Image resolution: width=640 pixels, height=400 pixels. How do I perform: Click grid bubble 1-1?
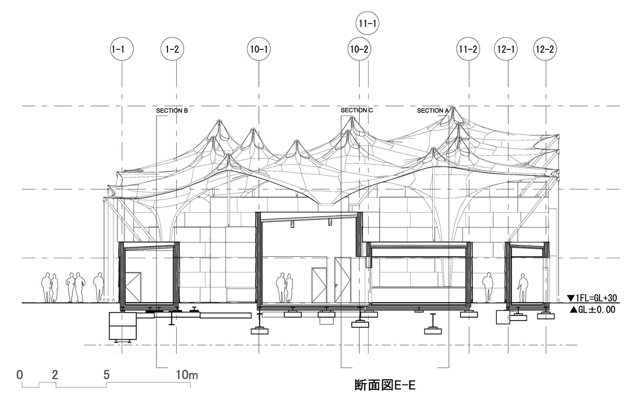coord(122,49)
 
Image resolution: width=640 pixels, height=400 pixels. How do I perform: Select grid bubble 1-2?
coord(172,49)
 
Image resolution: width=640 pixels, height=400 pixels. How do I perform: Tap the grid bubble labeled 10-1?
coord(259,49)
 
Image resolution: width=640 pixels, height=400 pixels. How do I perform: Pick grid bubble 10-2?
coord(359,49)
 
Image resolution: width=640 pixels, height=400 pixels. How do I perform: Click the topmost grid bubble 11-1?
coord(367,23)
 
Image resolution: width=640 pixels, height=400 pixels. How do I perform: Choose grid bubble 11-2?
coord(468,49)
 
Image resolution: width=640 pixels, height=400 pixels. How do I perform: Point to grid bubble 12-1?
coord(506,49)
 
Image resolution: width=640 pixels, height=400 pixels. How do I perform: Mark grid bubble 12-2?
coord(545,49)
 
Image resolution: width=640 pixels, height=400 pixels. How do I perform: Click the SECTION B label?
coord(172,111)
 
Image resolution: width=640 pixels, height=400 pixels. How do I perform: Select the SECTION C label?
coord(357,110)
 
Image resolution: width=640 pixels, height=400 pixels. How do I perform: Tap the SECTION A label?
coord(433,110)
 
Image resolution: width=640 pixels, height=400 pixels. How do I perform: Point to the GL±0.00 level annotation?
coord(593,309)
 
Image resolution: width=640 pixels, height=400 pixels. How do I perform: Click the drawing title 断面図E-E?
coord(385,385)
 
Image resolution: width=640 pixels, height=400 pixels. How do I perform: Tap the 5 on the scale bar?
coord(106,375)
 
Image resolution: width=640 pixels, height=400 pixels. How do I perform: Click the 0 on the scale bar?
coord(20,375)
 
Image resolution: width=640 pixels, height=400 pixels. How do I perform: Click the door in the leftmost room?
coord(133,287)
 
